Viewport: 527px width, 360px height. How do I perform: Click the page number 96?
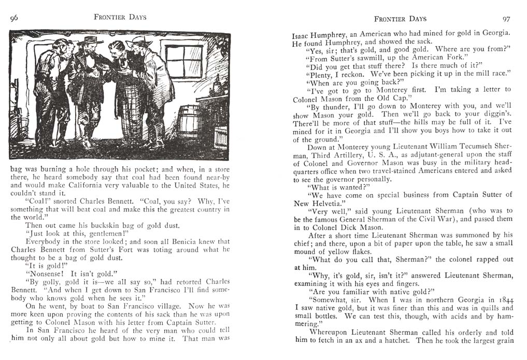[14, 18]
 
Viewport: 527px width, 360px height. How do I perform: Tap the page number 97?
[506, 19]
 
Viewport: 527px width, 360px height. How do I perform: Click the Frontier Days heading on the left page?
[120, 17]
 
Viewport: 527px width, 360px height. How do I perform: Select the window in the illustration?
[183, 61]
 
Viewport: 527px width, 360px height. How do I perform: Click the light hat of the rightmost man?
[139, 41]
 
